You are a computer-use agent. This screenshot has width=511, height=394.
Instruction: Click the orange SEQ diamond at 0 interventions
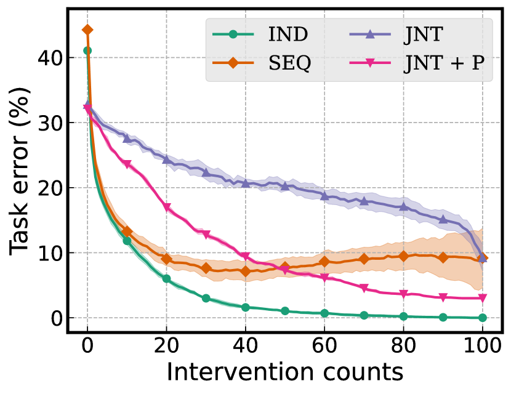click(87, 30)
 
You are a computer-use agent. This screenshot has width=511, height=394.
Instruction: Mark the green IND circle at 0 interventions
click(87, 50)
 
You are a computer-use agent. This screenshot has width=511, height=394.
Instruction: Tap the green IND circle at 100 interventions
click(482, 318)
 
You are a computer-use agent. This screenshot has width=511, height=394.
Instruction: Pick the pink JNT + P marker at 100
click(482, 298)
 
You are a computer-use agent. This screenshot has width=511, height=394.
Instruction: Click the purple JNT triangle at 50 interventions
click(285, 186)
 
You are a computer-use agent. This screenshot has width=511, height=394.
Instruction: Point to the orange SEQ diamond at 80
click(403, 255)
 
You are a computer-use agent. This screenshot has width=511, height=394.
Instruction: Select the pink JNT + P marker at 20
click(166, 207)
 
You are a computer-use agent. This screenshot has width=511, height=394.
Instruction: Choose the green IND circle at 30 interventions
click(206, 299)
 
